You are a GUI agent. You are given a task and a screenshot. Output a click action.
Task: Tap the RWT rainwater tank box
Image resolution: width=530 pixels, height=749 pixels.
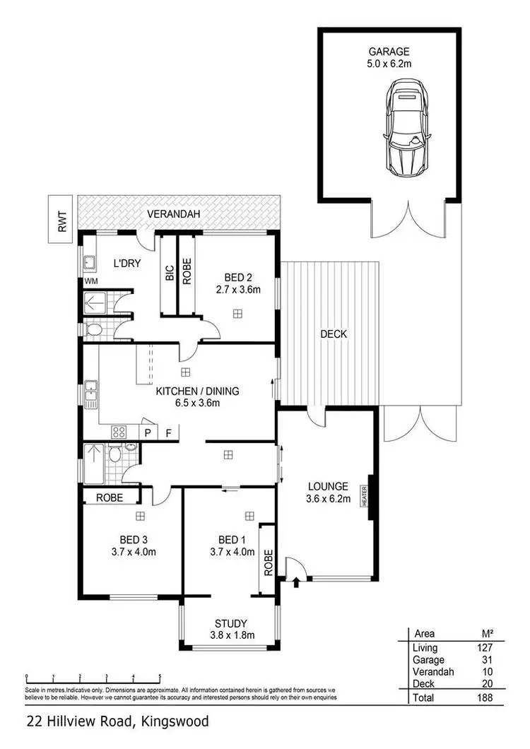[x=61, y=218]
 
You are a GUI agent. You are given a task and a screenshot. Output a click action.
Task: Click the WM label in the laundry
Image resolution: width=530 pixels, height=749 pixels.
[x=91, y=281]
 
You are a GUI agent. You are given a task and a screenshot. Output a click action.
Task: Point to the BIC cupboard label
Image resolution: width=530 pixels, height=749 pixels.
[x=170, y=274]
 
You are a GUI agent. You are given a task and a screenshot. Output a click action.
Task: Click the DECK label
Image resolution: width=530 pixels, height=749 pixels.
[x=334, y=334]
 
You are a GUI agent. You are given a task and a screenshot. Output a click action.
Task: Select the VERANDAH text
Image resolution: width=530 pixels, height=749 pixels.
[x=173, y=213]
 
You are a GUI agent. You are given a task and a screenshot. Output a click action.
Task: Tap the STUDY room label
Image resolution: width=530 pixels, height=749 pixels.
[x=230, y=623]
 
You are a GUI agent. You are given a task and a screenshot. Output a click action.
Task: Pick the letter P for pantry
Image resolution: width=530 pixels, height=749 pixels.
[x=149, y=432]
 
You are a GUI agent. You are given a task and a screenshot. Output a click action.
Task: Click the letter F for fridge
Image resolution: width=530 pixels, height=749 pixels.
[x=168, y=432]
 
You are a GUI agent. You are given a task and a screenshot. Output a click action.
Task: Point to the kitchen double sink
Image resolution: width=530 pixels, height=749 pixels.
[x=90, y=394]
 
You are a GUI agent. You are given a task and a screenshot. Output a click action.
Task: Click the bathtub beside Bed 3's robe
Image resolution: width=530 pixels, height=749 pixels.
[x=94, y=462]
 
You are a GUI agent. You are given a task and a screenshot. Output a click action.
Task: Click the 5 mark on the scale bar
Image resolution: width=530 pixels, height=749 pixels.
[x=160, y=676]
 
